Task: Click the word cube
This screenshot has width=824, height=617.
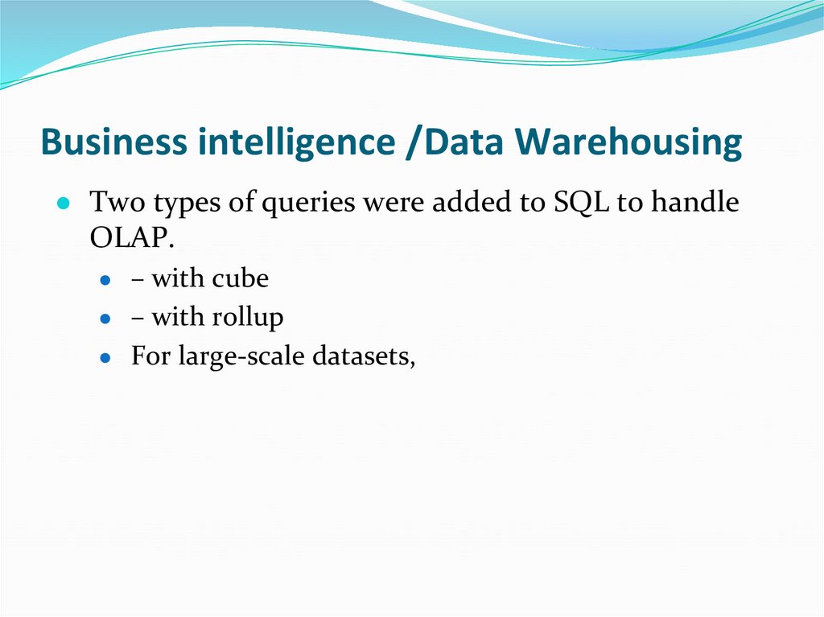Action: click(241, 279)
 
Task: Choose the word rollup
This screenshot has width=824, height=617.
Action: click(248, 318)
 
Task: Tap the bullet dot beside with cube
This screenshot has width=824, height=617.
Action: click(105, 281)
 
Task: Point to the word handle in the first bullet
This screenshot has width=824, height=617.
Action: click(694, 203)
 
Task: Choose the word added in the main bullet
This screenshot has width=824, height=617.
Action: click(468, 203)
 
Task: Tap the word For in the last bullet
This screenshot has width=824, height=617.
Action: click(150, 356)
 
